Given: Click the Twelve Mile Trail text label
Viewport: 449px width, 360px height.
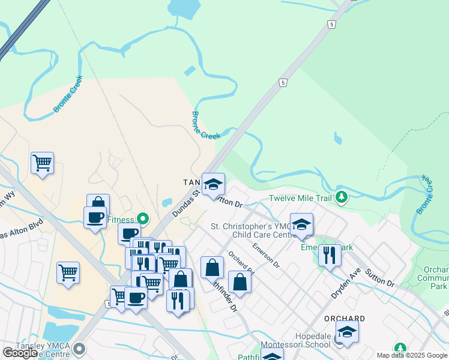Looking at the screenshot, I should tap(300, 198).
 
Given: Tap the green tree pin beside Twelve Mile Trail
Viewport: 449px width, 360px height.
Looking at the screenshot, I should tap(342, 197).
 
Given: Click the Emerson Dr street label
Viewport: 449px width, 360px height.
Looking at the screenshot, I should tap(266, 255).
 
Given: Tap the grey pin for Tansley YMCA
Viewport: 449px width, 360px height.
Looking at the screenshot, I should tap(79, 349).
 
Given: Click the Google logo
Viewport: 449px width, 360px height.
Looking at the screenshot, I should tap(20, 352).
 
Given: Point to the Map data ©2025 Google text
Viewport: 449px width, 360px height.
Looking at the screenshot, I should tap(412, 355).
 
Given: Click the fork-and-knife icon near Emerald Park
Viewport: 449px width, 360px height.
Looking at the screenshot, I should tap(330, 254).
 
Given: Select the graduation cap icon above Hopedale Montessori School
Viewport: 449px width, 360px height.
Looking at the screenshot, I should tap(347, 331).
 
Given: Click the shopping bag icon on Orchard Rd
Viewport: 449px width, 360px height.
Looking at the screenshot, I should tap(240, 282).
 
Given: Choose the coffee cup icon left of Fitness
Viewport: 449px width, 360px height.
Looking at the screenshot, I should tap(95, 217).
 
